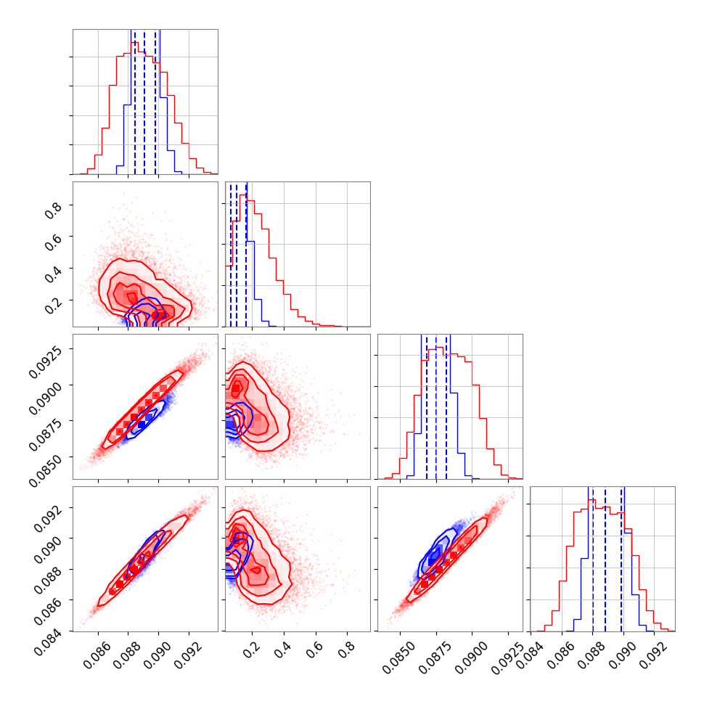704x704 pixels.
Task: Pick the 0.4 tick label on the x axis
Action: [279, 644]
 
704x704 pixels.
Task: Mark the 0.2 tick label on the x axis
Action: [247, 644]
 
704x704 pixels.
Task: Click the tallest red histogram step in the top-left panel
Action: [134, 43]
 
